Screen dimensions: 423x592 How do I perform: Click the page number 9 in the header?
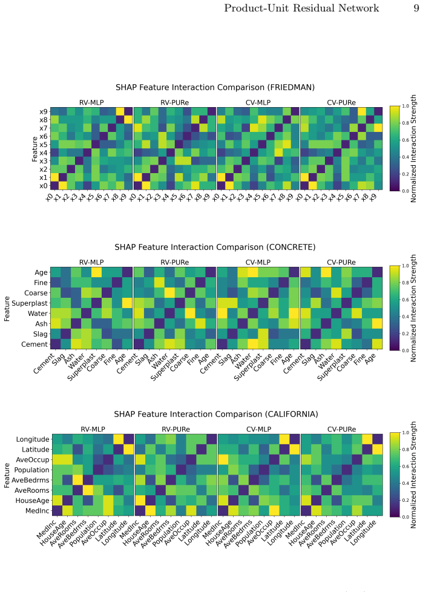[416, 8]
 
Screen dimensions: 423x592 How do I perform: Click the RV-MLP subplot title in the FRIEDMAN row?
[91, 103]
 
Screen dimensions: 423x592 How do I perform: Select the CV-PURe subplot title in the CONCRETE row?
[341, 262]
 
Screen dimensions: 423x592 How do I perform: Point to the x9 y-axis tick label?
[44, 111]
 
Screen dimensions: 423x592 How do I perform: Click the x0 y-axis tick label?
[44, 186]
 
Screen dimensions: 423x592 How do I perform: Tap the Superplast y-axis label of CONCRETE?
[30, 303]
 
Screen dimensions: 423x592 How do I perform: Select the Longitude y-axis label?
[33, 439]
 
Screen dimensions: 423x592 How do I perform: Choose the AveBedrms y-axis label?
[31, 480]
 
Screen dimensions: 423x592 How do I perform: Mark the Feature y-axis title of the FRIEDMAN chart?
[34, 149]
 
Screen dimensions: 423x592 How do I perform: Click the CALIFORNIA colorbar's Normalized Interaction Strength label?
[413, 475]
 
